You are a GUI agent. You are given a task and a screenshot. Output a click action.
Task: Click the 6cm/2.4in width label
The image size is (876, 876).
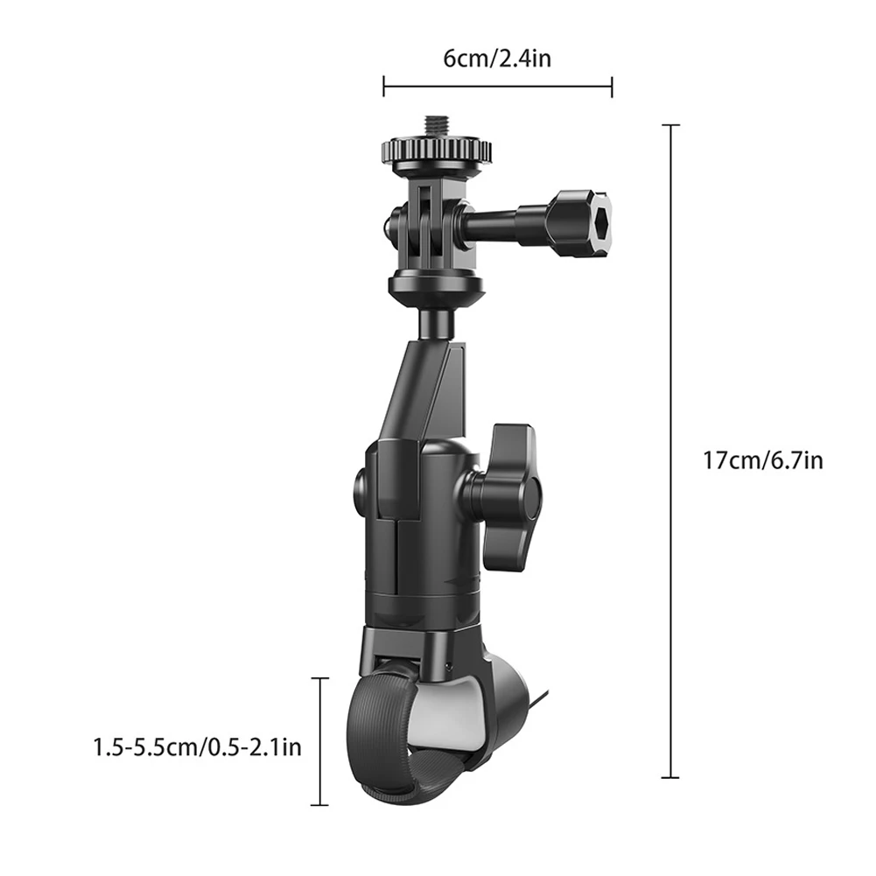[496, 59]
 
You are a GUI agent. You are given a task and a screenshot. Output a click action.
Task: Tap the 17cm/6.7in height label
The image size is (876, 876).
[762, 459]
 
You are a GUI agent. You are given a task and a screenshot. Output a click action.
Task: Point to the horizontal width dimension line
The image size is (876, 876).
[497, 87]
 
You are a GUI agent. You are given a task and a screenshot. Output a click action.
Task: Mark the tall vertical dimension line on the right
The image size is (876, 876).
[670, 451]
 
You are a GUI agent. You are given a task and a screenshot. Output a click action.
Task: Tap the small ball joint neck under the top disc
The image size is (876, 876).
[435, 323]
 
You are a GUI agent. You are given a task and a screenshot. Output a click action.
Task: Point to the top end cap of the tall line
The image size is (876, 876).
[670, 126]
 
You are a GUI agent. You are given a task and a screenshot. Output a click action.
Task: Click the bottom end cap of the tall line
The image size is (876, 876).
[670, 776]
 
